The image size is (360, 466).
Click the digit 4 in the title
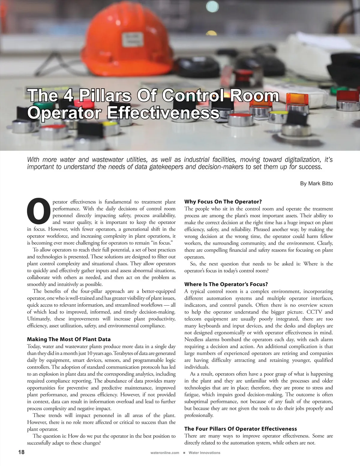tap(68, 95)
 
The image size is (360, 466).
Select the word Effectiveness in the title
tap(163, 113)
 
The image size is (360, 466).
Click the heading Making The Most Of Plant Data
tap(69, 339)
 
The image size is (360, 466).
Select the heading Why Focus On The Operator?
tap(223, 202)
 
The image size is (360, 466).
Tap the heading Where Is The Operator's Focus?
tap(226, 284)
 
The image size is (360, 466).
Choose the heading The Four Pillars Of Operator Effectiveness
tap(240, 429)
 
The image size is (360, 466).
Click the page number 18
tap(21, 452)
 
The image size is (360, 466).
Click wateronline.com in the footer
tap(165, 453)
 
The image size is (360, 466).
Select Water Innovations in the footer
tap(204, 453)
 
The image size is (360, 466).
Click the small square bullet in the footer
tap(184, 453)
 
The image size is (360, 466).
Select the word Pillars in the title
tap(105, 95)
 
